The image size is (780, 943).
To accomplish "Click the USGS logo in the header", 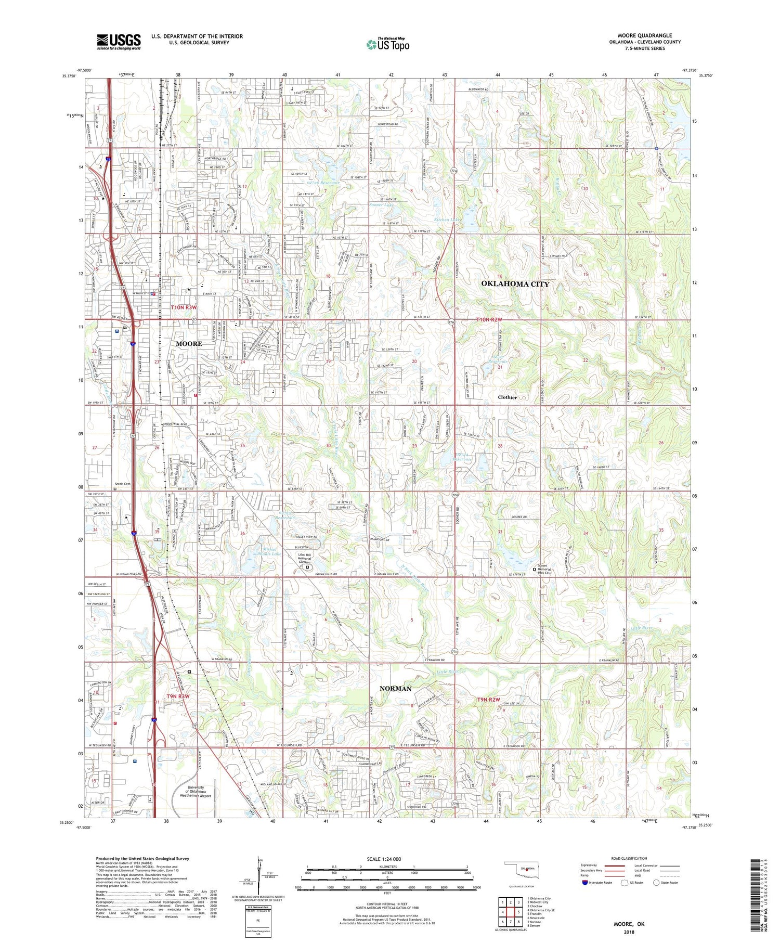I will [x=119, y=42].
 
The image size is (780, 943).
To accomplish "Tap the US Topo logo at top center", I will [x=388, y=45].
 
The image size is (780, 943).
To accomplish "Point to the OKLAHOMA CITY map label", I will [x=515, y=283].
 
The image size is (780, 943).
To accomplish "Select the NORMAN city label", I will [x=395, y=688].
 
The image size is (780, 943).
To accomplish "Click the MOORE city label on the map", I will [x=189, y=344].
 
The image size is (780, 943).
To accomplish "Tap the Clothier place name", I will [x=507, y=397].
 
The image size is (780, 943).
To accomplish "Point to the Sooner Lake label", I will [x=382, y=205].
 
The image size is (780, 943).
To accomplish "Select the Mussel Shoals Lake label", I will [x=265, y=551].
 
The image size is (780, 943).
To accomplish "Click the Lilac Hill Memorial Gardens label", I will [x=312, y=559].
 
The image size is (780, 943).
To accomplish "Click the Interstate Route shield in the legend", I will [x=585, y=882].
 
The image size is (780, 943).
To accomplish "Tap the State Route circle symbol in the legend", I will [x=656, y=882].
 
